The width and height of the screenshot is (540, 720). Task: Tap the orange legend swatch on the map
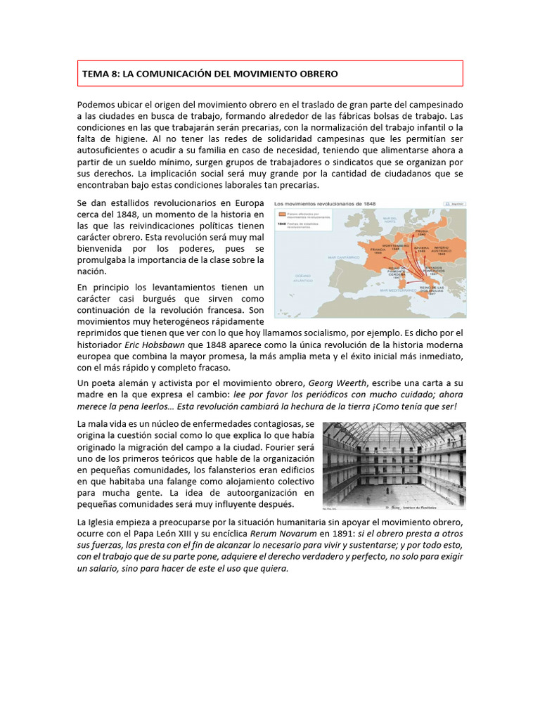pyautogui.click(x=281, y=213)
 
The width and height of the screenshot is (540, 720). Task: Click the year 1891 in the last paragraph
pyautogui.click(x=330, y=534)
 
